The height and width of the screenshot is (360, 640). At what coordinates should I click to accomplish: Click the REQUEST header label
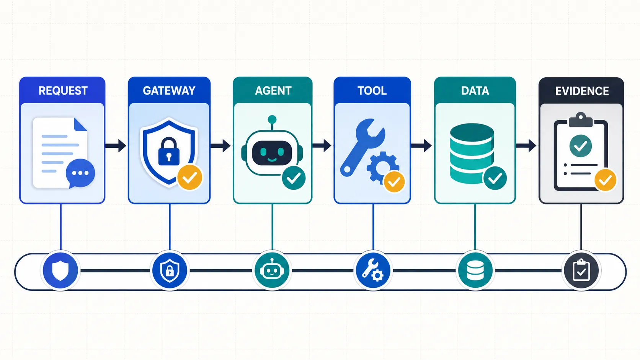pos(63,91)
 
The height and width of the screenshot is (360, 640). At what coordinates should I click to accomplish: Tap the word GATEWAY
pos(169,91)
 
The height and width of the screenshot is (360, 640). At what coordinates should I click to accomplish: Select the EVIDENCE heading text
pos(582,91)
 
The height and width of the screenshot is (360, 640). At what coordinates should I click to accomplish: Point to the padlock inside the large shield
pos(169,151)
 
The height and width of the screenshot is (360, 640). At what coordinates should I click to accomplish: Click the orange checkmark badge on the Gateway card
pos(190,177)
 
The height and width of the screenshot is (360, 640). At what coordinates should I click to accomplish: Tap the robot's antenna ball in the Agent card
pos(272,119)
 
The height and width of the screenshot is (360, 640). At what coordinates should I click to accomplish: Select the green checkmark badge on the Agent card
pos(294,178)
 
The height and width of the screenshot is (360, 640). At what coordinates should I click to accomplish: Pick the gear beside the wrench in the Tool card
pos(381,167)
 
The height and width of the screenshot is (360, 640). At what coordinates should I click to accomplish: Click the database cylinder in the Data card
pos(472,153)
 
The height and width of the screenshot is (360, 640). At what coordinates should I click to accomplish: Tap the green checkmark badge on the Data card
pos(495,178)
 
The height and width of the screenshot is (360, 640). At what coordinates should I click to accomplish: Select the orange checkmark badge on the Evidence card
pos(605,180)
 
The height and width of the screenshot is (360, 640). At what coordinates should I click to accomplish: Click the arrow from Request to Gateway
pos(116,146)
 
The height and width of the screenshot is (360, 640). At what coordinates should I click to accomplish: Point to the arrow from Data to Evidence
pos(526,146)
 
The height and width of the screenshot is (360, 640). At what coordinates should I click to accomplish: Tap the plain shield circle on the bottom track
pos(60,270)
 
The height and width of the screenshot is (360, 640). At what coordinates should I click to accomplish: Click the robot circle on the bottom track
pos(272,270)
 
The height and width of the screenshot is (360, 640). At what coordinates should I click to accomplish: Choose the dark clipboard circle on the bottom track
pos(581,270)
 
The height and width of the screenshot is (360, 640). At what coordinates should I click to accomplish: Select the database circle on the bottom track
pos(475,270)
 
